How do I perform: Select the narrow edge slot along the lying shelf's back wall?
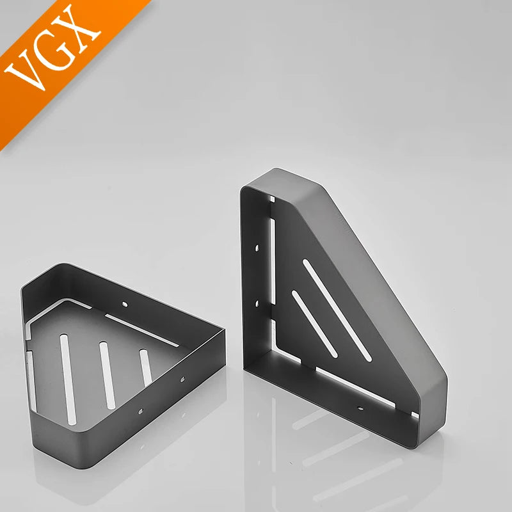point(141,330)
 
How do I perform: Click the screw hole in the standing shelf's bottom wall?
point(360,408)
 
